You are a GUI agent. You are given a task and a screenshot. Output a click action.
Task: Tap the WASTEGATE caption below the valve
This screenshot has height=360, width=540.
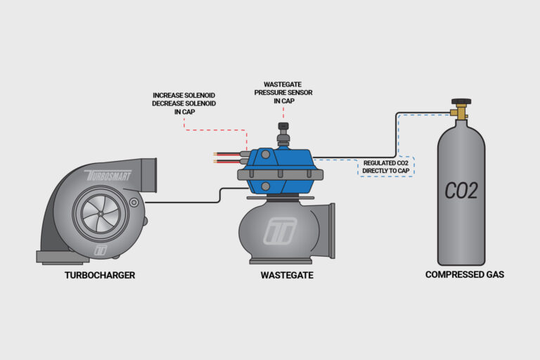tap(286, 275)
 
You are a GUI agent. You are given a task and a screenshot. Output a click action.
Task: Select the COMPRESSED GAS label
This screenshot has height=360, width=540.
tap(464, 275)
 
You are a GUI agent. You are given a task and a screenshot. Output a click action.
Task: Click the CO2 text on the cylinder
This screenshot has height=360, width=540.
tap(461, 190)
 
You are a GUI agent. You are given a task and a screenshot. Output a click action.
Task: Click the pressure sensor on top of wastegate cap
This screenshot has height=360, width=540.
tap(283, 132)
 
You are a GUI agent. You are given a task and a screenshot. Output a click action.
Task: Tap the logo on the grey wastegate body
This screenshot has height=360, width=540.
tap(280, 229)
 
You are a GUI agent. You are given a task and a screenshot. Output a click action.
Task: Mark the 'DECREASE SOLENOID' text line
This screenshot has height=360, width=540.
tap(184, 103)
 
